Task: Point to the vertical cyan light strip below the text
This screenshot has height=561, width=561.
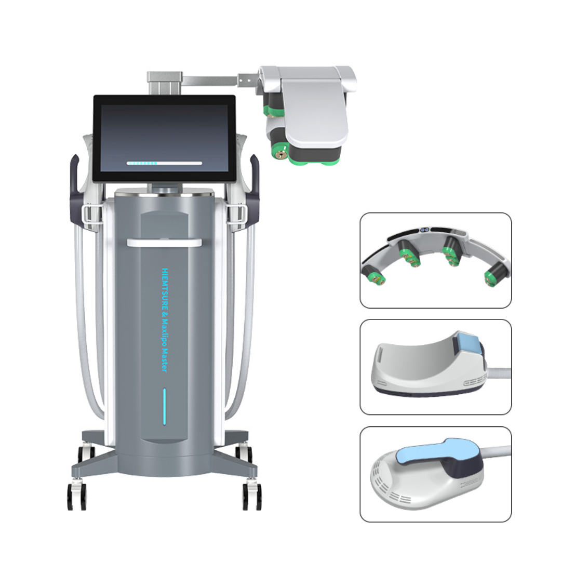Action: (165, 406)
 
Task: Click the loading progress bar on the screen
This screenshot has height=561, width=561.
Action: (164, 163)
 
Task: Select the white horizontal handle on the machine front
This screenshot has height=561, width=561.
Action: (164, 243)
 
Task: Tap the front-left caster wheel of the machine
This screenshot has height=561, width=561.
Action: (76, 497)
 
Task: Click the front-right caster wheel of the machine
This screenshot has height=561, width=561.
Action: (252, 497)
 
